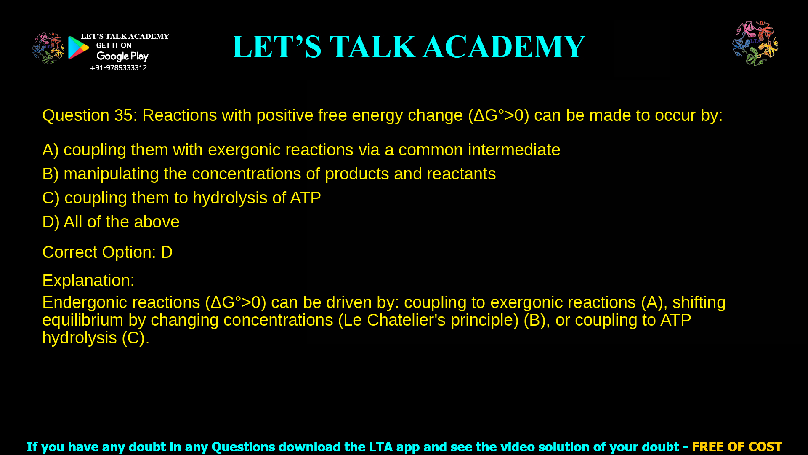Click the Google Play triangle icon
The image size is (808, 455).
coord(78,48)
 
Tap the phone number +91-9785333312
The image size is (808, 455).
coord(118,68)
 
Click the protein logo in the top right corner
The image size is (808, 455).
coord(755,43)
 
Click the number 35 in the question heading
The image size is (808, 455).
coord(123,115)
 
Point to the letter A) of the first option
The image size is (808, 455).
coord(50,150)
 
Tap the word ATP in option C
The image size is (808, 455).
coord(305,198)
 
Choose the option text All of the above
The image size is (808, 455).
coord(121,222)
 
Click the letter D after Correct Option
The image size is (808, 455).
coord(167,252)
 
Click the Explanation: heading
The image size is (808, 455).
coord(88,281)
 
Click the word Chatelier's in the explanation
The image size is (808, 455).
coord(406,320)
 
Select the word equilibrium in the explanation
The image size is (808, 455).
coord(82,320)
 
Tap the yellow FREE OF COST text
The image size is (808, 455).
coord(736,447)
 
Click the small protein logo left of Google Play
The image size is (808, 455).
coord(48,48)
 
